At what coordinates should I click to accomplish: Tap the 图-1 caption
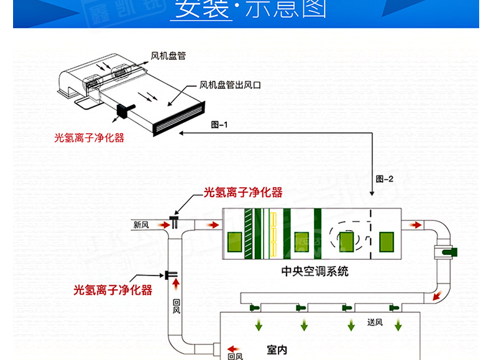click(x=219, y=124)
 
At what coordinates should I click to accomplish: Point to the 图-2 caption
click(x=385, y=179)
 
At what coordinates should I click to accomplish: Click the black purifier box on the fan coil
click(x=122, y=112)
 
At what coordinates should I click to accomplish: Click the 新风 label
click(x=141, y=224)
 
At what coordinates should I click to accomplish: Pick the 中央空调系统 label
click(x=315, y=271)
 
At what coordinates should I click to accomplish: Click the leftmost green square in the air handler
click(x=235, y=241)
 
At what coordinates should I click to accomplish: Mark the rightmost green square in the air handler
click(x=387, y=240)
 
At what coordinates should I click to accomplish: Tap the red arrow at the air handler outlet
click(x=413, y=224)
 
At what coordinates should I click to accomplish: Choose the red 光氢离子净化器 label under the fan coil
click(x=89, y=137)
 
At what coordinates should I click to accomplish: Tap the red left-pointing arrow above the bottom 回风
click(x=234, y=349)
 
